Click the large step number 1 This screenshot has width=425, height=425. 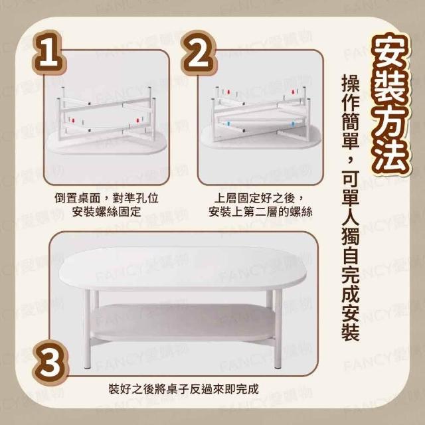point(48,53)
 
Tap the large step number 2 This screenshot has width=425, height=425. point(199,53)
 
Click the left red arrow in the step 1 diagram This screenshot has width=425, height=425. point(72,120)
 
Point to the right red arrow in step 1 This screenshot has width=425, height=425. point(137,120)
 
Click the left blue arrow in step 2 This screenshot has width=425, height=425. point(228,124)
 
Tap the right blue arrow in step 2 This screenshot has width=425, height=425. point(293,124)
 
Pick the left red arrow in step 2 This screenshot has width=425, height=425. point(228,92)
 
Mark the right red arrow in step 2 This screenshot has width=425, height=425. point(293,92)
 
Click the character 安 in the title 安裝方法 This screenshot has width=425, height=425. point(390,52)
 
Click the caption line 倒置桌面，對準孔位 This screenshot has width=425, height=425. point(106,198)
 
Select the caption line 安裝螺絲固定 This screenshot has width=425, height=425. point(106,212)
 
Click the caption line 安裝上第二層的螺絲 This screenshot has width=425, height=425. point(260,212)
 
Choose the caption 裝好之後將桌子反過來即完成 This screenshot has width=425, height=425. point(183,389)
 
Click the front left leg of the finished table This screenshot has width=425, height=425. point(87,329)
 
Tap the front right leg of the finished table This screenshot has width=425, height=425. point(278,329)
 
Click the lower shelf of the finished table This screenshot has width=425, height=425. point(185,322)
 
